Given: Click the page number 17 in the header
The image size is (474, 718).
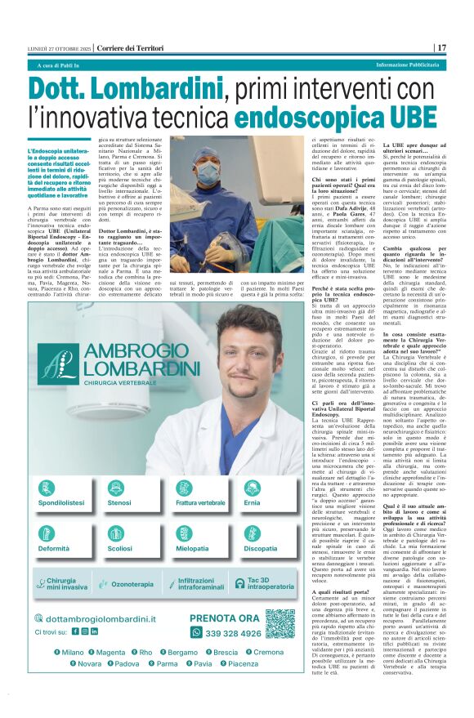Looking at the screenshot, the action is (x=441, y=47).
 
